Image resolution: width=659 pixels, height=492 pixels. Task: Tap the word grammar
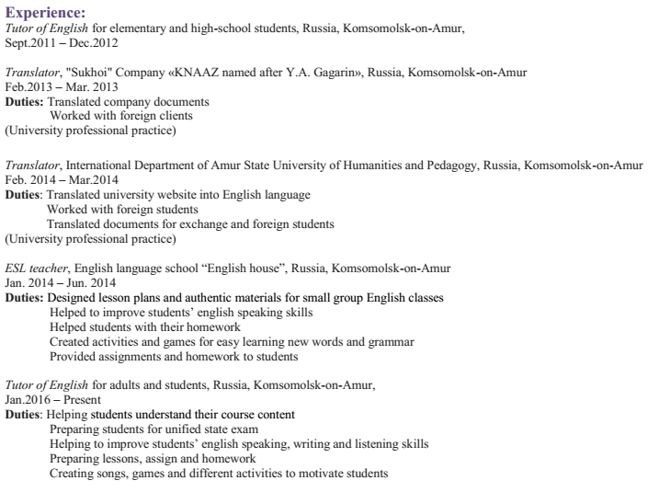click(x=392, y=342)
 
